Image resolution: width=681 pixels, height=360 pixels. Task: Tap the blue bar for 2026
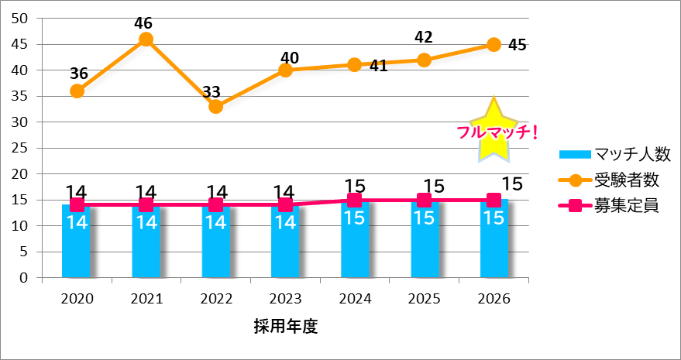pyautogui.click(x=494, y=240)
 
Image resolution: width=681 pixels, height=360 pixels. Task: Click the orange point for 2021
pyautogui.click(x=146, y=39)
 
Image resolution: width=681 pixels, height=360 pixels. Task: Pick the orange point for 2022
pyautogui.click(x=215, y=107)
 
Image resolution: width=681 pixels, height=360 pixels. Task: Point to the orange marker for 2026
pyautogui.click(x=494, y=45)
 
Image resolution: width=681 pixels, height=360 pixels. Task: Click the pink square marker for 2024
pyautogui.click(x=355, y=200)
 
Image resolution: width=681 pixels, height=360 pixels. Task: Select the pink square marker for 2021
pyautogui.click(x=146, y=205)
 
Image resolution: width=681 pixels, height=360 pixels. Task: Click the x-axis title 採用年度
pyautogui.click(x=285, y=325)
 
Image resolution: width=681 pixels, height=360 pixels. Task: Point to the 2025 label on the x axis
pyautogui.click(x=425, y=298)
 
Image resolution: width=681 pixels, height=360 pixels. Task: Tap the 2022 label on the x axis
pyautogui.click(x=215, y=298)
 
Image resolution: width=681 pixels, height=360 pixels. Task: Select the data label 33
pyautogui.click(x=212, y=92)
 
